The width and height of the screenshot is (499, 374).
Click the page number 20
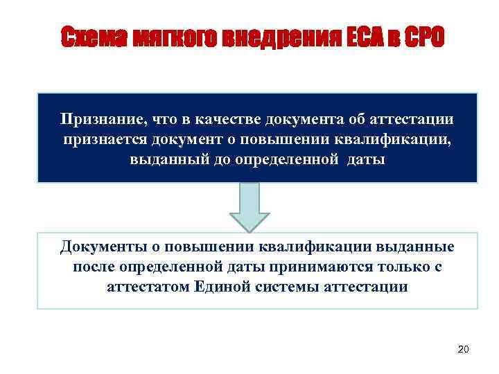(464, 349)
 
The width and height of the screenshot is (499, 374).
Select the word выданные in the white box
(420, 247)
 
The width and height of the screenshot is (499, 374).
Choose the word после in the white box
(94, 267)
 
